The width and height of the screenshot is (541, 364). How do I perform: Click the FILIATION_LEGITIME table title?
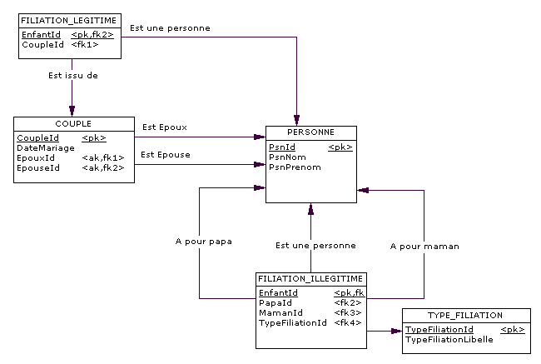tap(69, 18)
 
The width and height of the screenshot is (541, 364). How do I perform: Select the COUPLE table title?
tap(73, 124)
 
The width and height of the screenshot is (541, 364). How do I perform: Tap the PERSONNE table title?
tap(310, 132)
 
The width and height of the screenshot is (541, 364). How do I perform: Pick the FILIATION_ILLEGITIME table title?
tap(310, 278)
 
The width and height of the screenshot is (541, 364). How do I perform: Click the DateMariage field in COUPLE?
tap(39, 147)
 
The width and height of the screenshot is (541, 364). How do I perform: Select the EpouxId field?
tap(36, 157)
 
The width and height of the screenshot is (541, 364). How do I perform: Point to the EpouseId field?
tap(37, 167)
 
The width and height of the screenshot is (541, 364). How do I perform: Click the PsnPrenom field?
tap(294, 167)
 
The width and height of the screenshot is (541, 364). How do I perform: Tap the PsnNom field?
tap(286, 157)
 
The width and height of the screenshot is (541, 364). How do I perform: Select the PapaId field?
tap(274, 302)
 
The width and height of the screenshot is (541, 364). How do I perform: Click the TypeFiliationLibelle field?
tap(449, 339)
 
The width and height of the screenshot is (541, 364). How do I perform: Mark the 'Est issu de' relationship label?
tap(72, 76)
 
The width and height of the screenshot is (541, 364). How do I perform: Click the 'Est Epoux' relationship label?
tap(164, 127)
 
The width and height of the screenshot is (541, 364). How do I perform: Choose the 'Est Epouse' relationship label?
tap(165, 154)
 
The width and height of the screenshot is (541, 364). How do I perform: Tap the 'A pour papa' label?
tap(203, 242)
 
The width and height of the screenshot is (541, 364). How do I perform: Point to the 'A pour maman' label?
tap(424, 247)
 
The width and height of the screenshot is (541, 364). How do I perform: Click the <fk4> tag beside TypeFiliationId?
tap(347, 322)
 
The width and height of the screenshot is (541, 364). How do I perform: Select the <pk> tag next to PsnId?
tap(340, 147)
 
